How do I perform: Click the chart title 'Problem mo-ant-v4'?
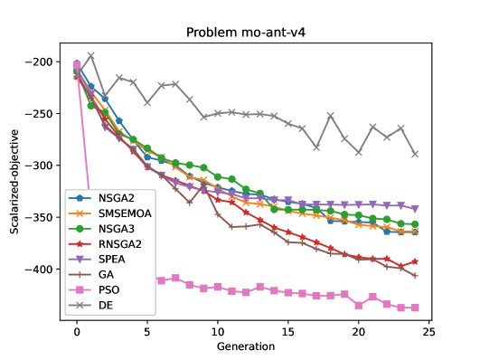(240, 33)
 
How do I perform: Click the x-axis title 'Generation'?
(246, 346)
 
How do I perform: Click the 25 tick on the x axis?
(428, 331)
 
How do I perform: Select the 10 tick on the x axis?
(217, 331)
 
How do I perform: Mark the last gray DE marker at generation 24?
(415, 154)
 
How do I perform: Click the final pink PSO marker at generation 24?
(415, 308)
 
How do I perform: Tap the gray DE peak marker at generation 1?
(90, 56)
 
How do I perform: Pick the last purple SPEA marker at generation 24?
(415, 209)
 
